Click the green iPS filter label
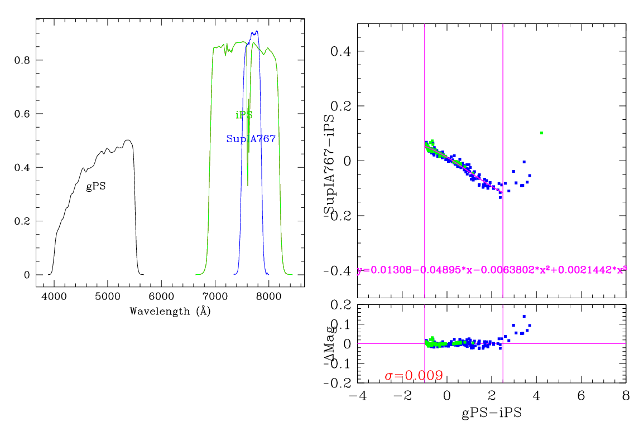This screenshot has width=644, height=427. (244, 115)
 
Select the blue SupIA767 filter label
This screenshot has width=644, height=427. (251, 139)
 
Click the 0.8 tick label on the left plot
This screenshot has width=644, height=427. (22, 60)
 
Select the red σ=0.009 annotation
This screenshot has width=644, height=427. (414, 376)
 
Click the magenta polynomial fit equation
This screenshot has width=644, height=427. (491, 270)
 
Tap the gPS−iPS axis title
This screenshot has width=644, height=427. (492, 413)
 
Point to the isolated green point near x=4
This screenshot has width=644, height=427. (541, 133)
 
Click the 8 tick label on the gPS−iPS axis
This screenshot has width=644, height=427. (626, 396)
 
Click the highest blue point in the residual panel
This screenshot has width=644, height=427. (524, 317)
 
